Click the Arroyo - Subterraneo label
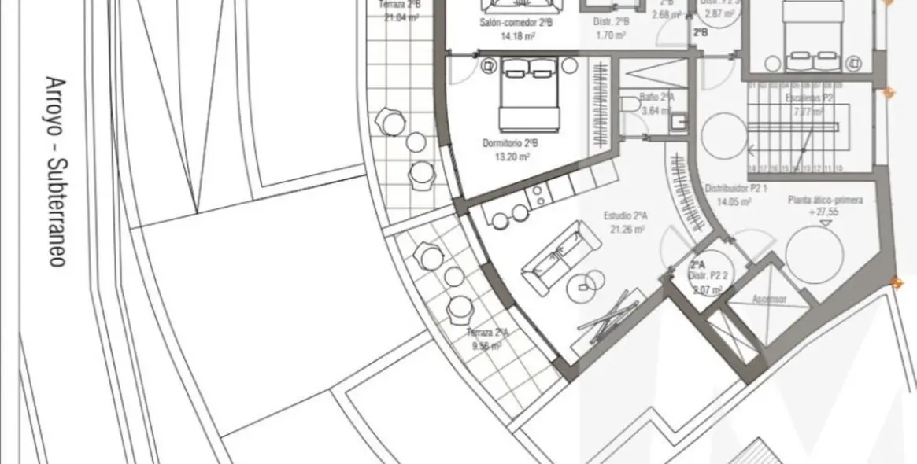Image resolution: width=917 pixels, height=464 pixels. click(x=56, y=171)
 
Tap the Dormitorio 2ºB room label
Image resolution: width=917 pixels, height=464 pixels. click(x=510, y=144)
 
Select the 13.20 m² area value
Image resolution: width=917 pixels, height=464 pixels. click(x=511, y=157)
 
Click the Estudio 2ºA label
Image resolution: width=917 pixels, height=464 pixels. click(x=626, y=216)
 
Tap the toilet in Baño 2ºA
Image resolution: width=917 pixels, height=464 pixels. click(x=630, y=104)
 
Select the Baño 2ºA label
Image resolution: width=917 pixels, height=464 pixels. click(x=656, y=97)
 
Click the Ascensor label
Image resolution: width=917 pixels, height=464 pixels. click(x=769, y=299)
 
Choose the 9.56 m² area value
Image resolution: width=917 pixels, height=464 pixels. click(x=488, y=344)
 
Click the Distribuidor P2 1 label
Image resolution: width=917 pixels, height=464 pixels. click(x=736, y=189)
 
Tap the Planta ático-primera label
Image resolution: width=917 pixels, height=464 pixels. click(x=826, y=201)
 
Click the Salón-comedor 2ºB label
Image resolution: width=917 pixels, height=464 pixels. click(x=516, y=23)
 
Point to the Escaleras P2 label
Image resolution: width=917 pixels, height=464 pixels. click(x=809, y=98)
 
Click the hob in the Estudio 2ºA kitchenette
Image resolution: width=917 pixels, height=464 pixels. click(x=540, y=196)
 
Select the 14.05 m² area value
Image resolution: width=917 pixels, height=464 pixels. click(x=735, y=201)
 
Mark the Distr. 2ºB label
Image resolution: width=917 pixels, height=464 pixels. click(x=611, y=22)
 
